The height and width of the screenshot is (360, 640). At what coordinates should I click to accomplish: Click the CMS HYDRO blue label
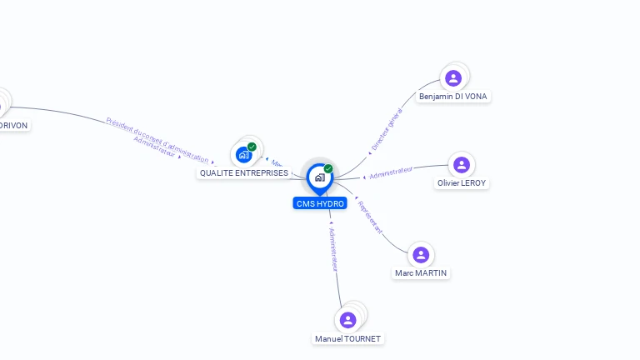[320, 203]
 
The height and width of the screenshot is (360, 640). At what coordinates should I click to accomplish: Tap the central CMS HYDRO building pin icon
[319, 177]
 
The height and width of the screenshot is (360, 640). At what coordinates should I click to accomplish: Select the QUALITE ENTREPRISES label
[244, 173]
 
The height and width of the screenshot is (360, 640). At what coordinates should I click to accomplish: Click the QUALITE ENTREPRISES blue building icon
[243, 154]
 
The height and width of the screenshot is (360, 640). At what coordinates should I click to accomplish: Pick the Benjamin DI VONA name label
[453, 97]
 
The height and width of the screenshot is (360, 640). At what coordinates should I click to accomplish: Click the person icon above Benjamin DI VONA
[452, 78]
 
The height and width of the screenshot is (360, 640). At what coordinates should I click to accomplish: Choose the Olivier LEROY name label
[462, 183]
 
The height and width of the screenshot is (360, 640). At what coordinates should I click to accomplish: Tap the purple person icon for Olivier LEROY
[462, 165]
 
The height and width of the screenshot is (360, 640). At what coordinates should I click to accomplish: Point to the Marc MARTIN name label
[422, 273]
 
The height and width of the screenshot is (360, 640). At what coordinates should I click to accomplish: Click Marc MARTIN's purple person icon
[421, 255]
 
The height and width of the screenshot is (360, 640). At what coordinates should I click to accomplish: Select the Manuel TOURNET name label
[348, 339]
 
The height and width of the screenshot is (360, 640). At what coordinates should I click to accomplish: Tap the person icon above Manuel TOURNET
[348, 320]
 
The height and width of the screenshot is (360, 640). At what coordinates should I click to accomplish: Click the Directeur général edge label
[387, 128]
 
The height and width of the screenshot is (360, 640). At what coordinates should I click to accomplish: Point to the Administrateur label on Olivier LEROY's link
[391, 172]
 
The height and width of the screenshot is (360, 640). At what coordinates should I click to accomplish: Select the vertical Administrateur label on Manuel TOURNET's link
[333, 249]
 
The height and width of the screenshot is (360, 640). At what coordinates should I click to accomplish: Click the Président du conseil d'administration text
[157, 139]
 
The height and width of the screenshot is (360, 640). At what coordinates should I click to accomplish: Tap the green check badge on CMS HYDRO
[328, 168]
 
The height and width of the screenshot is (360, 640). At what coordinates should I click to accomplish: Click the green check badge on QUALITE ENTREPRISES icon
[252, 147]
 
